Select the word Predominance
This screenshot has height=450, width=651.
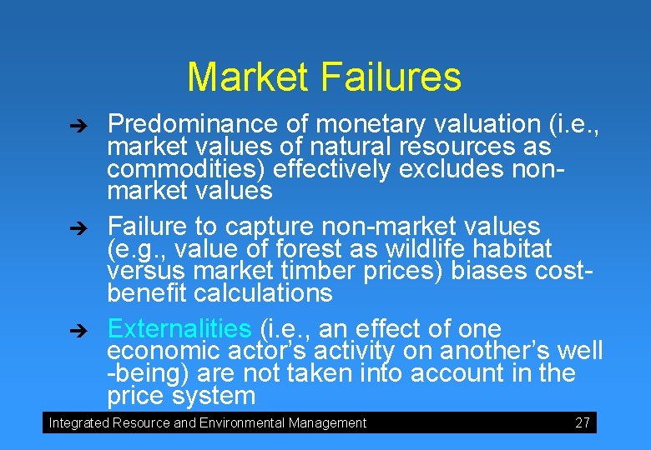click(x=193, y=125)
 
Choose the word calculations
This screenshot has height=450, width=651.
click(x=263, y=293)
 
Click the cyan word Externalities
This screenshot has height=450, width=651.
click(x=179, y=328)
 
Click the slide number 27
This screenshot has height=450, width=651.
click(x=583, y=423)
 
